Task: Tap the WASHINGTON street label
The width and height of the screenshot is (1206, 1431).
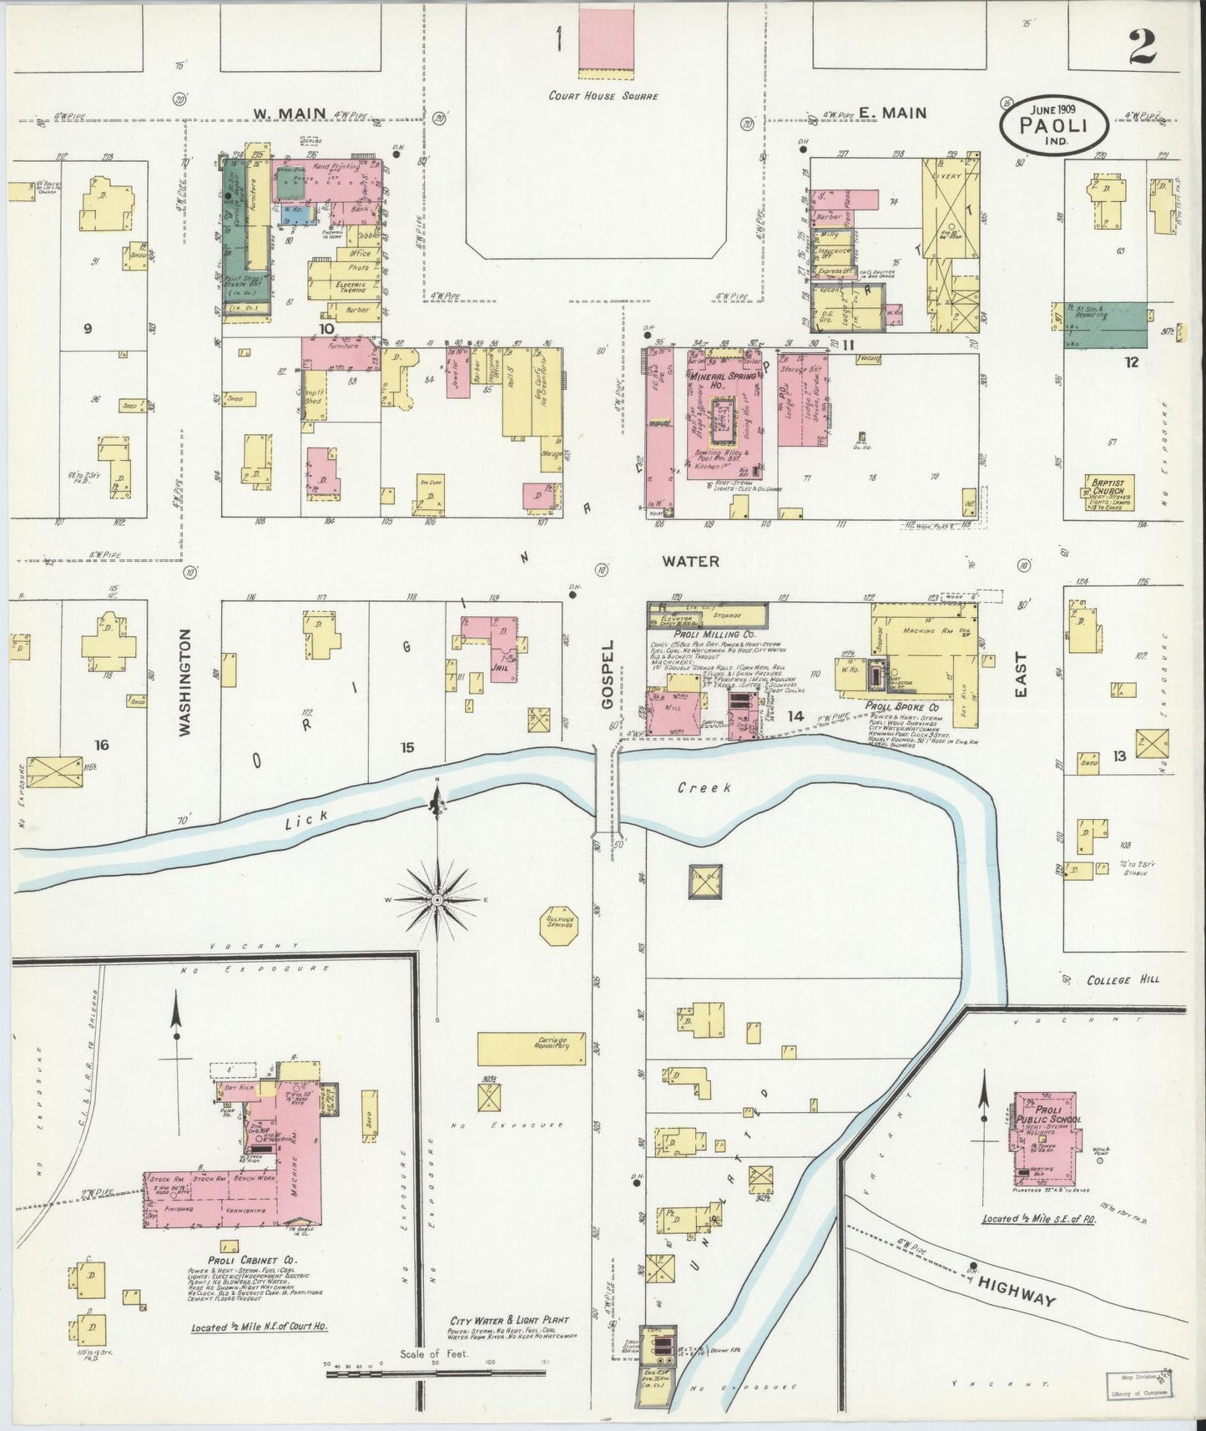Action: pyautogui.click(x=185, y=682)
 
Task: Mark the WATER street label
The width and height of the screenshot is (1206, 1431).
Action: pyautogui.click(x=690, y=561)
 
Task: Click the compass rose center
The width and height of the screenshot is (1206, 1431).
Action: pyautogui.click(x=437, y=900)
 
